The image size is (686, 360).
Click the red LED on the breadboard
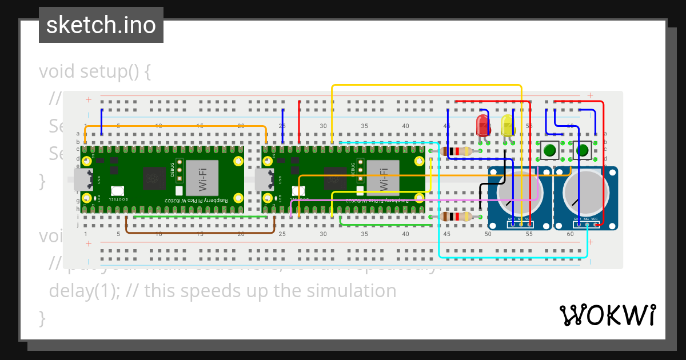coord(482,125)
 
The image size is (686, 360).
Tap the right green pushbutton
coord(583,151)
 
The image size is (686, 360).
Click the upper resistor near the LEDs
coord(457,151)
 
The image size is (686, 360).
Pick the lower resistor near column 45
coord(457,217)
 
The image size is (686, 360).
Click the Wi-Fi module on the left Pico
coord(203,178)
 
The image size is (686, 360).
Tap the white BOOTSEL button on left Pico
coord(118,191)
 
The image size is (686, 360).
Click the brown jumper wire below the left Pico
coord(200,233)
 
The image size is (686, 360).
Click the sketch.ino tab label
coord(101,25)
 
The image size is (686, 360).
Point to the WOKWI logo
coord(607,315)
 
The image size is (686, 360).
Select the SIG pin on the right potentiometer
coord(587,225)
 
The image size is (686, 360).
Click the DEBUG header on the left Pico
coord(179,170)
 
